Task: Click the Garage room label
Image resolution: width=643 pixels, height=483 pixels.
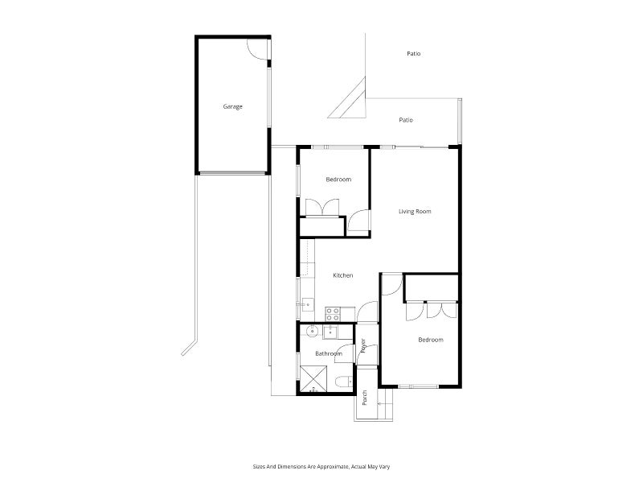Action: pos(233,106)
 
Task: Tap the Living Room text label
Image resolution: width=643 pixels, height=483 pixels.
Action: pos(415,212)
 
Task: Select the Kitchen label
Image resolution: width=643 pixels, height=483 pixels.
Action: pos(343,275)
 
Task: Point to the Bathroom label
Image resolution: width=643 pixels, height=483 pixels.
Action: pos(328,353)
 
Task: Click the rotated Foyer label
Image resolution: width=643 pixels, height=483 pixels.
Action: pos(363,346)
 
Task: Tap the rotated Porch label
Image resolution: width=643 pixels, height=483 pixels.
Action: pos(364,398)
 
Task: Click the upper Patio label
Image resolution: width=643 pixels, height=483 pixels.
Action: pos(413,54)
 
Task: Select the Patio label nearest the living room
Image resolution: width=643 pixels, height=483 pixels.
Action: pos(406,120)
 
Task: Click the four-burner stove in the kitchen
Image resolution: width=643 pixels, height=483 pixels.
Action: pos(332,312)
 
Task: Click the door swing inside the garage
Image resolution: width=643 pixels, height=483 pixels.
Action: pos(258,47)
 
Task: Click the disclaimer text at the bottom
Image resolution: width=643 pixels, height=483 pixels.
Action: pos(321,466)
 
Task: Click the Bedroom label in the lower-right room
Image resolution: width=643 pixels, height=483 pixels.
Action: pos(430,340)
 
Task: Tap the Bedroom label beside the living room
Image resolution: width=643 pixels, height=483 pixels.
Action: pos(338,180)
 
